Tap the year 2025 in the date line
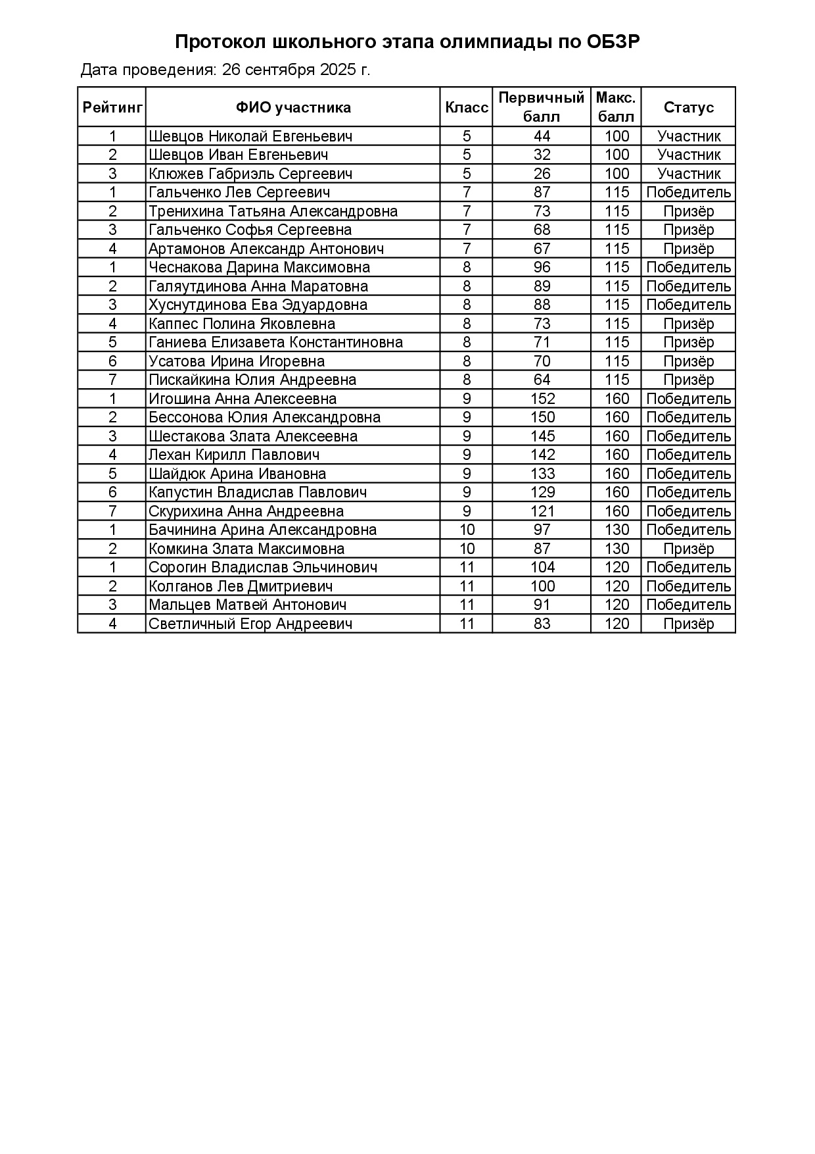coord(338,70)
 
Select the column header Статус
coord(688,107)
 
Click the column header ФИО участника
coord(293,107)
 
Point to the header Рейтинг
coord(112,107)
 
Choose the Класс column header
coord(467,107)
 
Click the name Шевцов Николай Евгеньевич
coord(250,136)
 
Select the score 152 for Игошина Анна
coord(542,399)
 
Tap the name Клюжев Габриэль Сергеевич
coord(250,174)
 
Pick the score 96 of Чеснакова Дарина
coord(542,267)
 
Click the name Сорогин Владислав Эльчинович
coord(263,567)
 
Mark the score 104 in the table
coord(542,567)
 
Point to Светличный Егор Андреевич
coord(250,624)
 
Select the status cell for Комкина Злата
coord(688,549)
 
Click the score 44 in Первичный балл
coord(542,136)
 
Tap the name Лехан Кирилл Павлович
coord(234,455)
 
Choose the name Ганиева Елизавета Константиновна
coord(276,342)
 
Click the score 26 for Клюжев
coord(542,174)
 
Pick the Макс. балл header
coord(616,107)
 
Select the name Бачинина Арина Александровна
coord(263,530)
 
